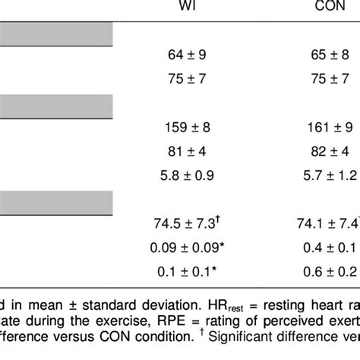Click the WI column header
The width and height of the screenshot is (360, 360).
(x=185, y=7)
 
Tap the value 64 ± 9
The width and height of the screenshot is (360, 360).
(x=185, y=55)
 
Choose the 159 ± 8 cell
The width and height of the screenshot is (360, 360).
(x=185, y=126)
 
